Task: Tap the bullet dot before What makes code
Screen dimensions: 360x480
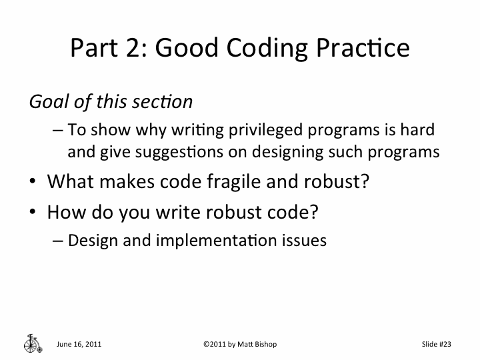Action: pyautogui.click(x=33, y=181)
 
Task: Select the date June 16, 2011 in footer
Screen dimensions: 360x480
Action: pyautogui.click(x=79, y=344)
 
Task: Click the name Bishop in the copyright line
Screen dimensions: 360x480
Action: pyautogui.click(x=262, y=344)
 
